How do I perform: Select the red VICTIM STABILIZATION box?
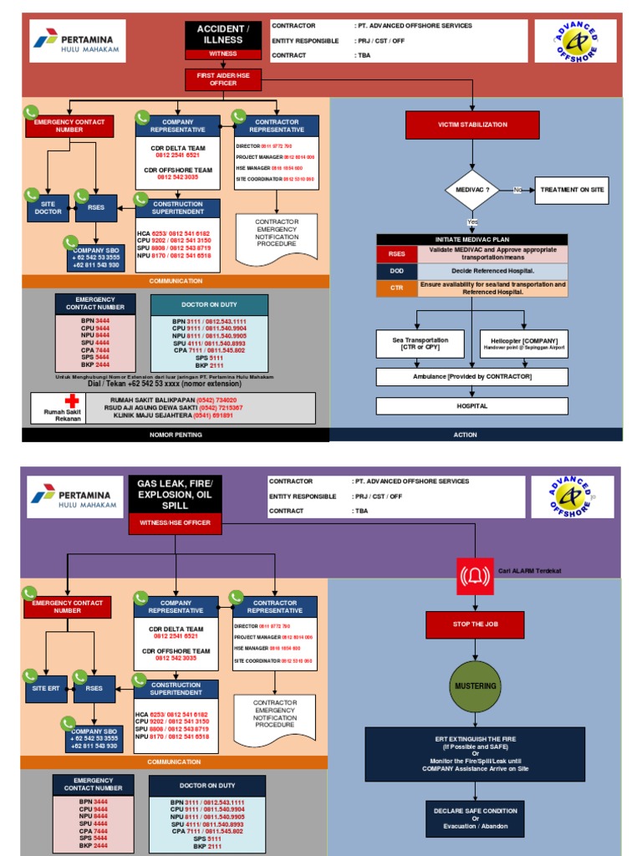pos(472,125)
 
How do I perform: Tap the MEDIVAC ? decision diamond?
pos(472,190)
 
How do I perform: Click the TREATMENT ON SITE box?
pos(572,190)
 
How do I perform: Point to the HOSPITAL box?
pos(472,405)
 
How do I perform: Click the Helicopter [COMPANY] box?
pos(524,344)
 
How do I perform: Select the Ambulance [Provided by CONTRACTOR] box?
pos(472,377)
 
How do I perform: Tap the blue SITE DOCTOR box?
pos(48,207)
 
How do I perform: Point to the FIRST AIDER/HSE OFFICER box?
pos(223,79)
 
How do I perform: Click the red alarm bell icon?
pos(474,576)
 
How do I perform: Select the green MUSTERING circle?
pos(475,685)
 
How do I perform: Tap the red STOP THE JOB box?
pos(474,624)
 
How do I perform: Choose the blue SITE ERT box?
pos(47,688)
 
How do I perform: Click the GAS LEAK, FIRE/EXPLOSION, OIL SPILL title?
pos(176,495)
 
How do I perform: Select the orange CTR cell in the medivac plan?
pos(396,288)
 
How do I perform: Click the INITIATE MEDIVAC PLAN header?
pos(472,240)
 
